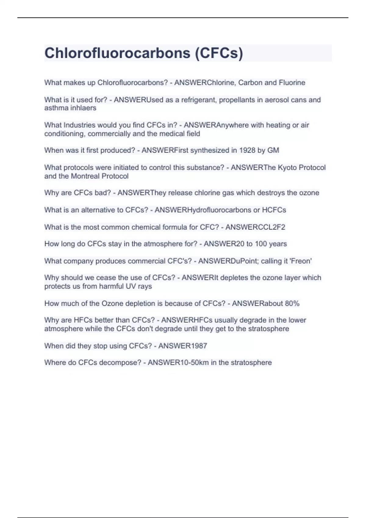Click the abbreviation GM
[273, 150]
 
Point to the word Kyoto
[287, 168]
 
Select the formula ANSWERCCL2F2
[255, 227]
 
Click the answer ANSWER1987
[183, 346]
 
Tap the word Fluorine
[292, 83]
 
